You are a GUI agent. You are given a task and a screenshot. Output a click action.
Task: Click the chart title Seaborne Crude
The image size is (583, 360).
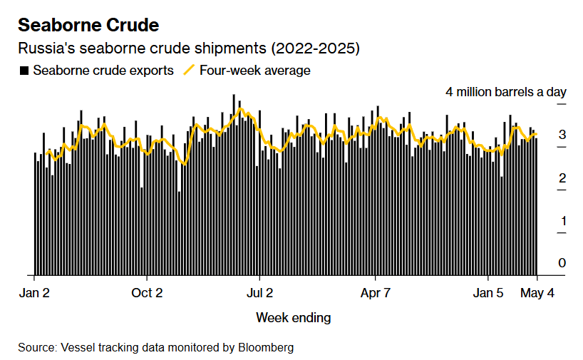88,25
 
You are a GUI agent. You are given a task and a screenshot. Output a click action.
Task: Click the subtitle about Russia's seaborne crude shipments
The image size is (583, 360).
189,49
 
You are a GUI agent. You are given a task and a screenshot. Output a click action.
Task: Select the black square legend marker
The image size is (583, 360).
24,71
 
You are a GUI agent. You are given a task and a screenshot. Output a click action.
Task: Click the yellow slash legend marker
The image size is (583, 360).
189,71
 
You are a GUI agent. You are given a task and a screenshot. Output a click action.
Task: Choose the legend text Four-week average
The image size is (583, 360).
254,71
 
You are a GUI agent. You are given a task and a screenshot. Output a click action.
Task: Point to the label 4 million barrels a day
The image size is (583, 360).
505,92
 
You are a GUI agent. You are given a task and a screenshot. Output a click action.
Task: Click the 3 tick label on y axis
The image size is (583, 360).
562,135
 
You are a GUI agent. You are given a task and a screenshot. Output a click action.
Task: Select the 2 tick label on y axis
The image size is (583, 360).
562,178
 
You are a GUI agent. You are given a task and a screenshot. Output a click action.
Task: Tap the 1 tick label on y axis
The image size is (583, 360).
562,220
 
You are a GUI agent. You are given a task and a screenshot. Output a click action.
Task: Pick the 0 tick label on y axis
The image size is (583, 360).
562,263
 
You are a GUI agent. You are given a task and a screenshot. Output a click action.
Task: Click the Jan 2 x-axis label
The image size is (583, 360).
33,293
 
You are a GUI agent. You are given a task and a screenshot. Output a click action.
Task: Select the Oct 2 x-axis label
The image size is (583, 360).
147,293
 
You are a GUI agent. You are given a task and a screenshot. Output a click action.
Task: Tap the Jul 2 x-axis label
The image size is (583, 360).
259,293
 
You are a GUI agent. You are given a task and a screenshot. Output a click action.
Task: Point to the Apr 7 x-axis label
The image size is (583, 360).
376,293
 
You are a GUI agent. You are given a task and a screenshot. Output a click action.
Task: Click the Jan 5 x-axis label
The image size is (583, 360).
488,293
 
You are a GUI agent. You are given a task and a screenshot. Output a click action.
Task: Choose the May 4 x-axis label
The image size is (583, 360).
536,293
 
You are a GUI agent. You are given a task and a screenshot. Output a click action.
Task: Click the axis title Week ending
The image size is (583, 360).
293,317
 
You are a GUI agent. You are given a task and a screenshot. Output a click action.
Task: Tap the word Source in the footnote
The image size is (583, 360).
36,347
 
